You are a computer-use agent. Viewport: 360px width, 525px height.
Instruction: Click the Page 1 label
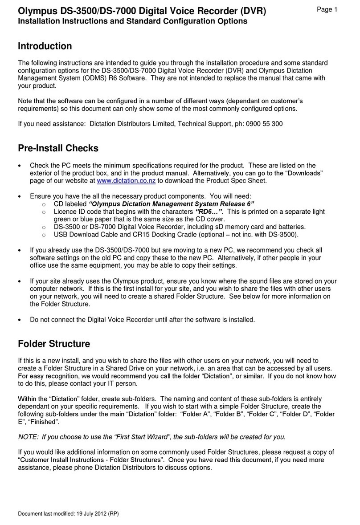click(x=327, y=10)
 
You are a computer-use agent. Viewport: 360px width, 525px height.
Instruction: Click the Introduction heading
click(x=45, y=46)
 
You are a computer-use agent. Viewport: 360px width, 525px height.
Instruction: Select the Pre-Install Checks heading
click(x=58, y=148)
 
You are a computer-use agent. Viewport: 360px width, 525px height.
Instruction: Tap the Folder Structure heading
click(x=53, y=344)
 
